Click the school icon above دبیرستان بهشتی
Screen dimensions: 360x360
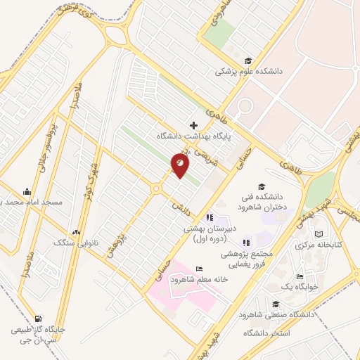(210, 217)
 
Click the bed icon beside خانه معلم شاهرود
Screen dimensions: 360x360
(200, 269)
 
